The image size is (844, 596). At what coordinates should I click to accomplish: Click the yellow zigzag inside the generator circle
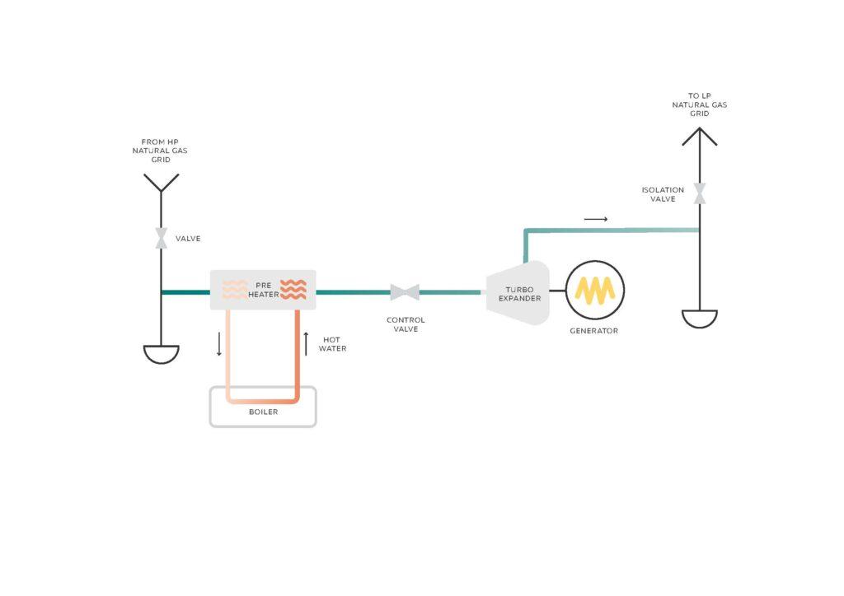[x=594, y=291]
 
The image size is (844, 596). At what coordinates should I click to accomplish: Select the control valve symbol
[x=405, y=292]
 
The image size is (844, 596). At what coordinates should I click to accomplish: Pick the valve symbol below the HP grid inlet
[x=162, y=239]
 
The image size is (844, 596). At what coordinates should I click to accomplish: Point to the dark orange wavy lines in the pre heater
[x=293, y=291]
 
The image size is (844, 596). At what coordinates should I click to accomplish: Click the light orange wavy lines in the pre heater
[x=236, y=291]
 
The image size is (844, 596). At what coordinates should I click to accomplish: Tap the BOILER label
[x=263, y=412]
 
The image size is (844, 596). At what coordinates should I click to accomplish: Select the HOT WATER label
[x=334, y=343]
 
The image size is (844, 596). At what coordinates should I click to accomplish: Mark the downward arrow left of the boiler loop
[x=219, y=343]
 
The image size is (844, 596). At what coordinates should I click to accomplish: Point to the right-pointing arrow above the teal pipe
[x=595, y=219]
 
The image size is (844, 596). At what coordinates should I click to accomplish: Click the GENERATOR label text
[x=593, y=331]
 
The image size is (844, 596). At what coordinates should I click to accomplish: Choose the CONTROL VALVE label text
[x=406, y=324]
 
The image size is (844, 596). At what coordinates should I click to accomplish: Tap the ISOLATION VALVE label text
[x=663, y=194]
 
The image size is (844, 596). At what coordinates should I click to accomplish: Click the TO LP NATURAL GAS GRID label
[x=699, y=105]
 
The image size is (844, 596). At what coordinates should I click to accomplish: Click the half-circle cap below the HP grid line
[x=162, y=354]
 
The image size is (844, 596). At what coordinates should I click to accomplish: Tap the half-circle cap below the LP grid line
[x=700, y=319]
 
